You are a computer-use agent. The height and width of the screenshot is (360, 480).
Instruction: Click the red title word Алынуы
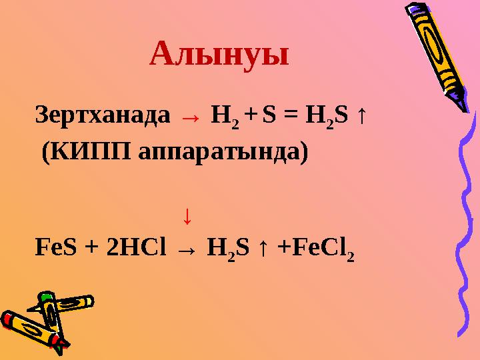pyautogui.click(x=219, y=55)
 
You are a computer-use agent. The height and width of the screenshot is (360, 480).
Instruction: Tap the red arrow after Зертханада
pyautogui.click(x=190, y=119)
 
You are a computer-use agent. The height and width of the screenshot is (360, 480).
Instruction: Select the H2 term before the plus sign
pyautogui.click(x=221, y=118)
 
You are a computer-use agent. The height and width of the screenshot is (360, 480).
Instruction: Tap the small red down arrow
pyautogui.click(x=188, y=215)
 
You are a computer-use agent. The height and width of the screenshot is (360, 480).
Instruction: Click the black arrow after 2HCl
pyautogui.click(x=187, y=250)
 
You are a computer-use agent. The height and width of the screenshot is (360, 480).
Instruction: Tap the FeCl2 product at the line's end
pyautogui.click(x=322, y=249)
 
